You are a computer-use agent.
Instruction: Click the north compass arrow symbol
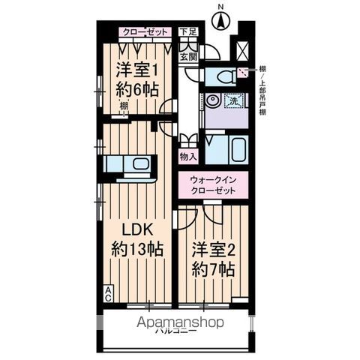click(x=220, y=19)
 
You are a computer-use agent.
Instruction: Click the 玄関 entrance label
click(x=187, y=56)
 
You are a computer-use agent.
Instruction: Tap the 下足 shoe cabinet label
click(x=188, y=32)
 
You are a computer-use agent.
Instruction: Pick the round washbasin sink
click(x=212, y=100)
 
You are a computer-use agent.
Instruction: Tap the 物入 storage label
click(x=188, y=156)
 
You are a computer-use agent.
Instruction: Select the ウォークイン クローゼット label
click(x=213, y=185)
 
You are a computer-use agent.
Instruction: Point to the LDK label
click(x=130, y=229)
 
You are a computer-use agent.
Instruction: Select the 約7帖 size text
click(x=212, y=267)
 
